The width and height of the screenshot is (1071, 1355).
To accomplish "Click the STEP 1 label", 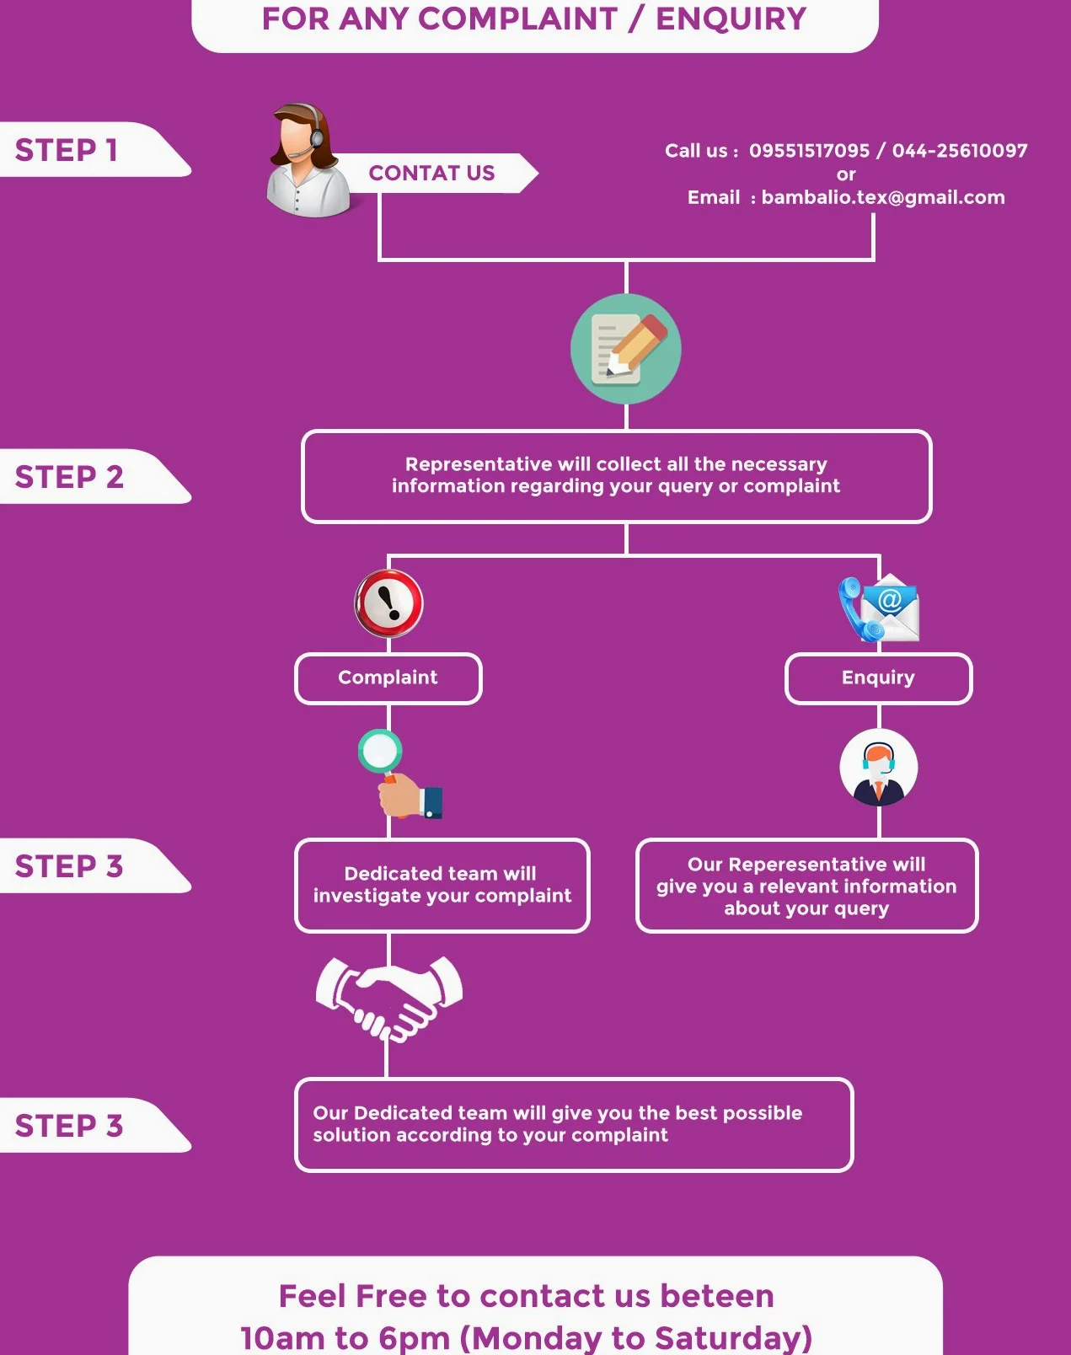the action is click(x=66, y=150).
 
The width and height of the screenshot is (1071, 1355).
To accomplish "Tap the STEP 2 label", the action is click(x=69, y=477).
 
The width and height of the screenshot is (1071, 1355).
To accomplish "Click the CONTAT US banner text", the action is click(x=432, y=173).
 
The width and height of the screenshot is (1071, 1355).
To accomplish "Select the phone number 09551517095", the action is click(x=809, y=151).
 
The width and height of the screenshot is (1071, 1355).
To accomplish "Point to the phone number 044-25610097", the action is click(x=960, y=151).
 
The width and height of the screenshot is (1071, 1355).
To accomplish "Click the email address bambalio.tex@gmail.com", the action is click(x=883, y=198).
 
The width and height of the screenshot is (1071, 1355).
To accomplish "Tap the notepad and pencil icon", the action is click(x=626, y=349).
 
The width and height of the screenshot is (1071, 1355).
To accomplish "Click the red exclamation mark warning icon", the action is click(x=388, y=604).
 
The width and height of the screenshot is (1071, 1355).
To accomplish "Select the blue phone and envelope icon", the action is click(x=879, y=608).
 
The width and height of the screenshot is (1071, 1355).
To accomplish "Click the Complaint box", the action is click(x=388, y=678).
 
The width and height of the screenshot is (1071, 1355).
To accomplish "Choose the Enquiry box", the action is click(x=878, y=678).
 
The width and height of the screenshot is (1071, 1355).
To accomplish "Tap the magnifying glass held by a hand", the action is click(x=399, y=774).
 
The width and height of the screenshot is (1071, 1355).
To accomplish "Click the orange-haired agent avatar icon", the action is click(x=878, y=767).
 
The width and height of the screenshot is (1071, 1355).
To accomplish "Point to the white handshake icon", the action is click(x=389, y=999).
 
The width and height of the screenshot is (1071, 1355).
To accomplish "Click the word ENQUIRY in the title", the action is click(x=731, y=19).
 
